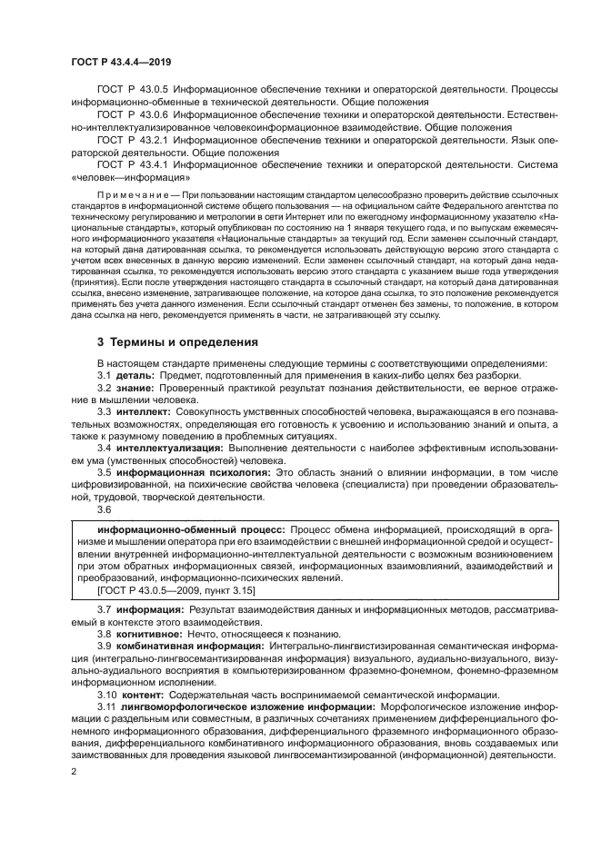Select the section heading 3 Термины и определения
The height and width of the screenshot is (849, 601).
172,343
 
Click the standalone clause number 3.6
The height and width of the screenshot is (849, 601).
105,509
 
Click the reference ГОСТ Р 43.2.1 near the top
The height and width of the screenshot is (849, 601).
131,142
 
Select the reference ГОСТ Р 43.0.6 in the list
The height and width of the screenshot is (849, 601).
131,116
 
